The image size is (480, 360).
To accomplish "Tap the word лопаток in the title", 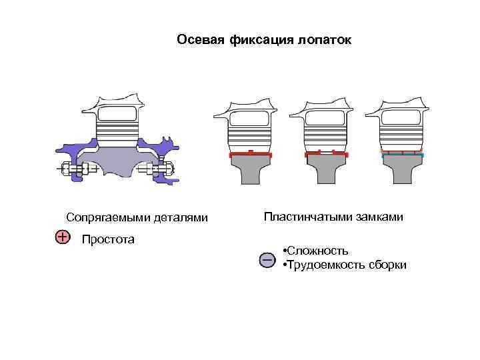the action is pyautogui.click(x=325, y=40).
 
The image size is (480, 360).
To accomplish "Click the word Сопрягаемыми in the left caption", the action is pyautogui.click(x=105, y=217).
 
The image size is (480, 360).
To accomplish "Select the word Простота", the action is pyautogui.click(x=107, y=239).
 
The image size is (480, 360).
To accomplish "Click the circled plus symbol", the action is pyautogui.click(x=61, y=237).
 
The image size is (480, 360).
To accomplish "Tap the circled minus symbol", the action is pyautogui.click(x=267, y=259).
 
